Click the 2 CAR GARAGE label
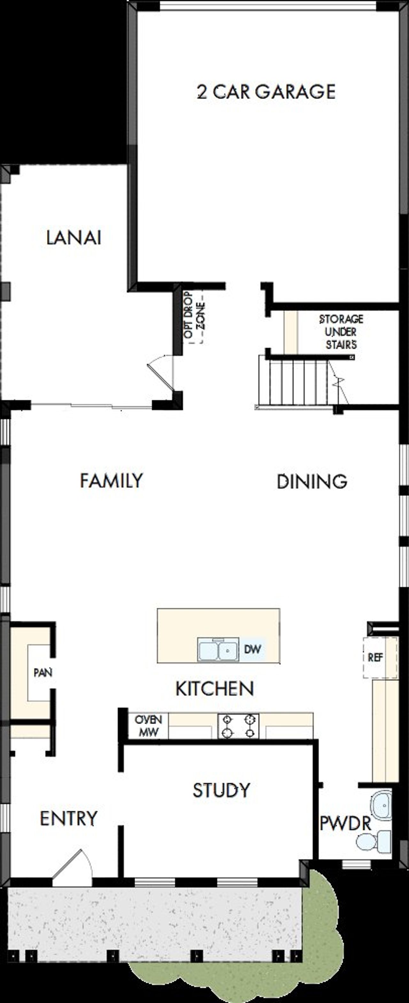point(266,92)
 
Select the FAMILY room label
point(112,481)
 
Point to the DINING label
point(312,482)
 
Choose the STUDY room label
point(221,790)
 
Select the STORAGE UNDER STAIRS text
point(341,332)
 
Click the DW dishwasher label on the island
point(252,649)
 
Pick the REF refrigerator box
point(375,658)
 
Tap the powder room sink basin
point(381,805)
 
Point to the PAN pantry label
point(43,672)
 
